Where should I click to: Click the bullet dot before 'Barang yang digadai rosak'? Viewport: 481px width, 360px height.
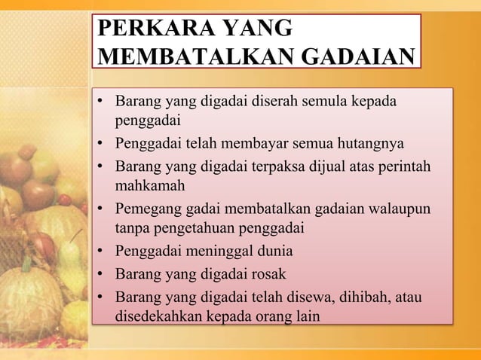coord(100,273)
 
